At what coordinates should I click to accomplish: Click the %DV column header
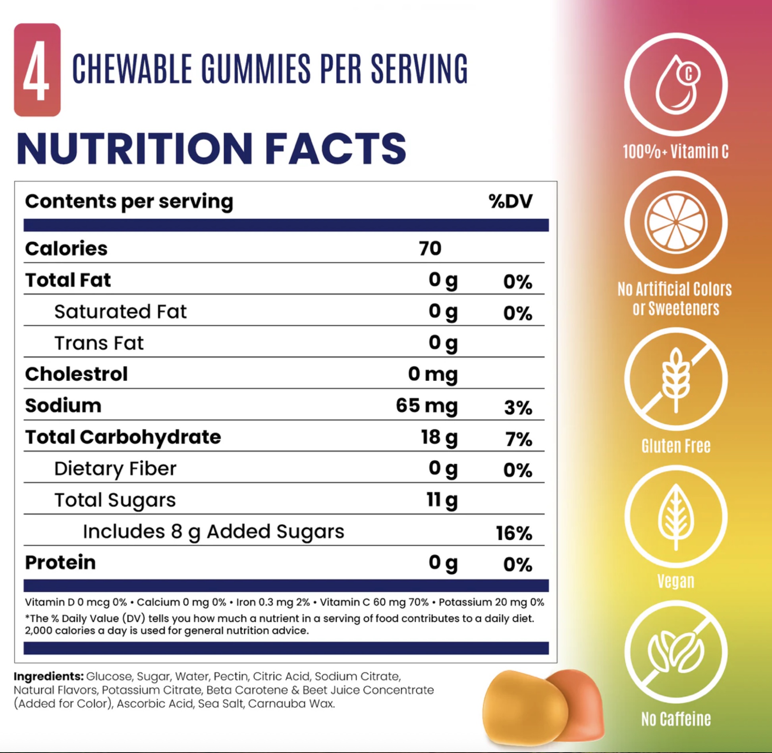pos(510,201)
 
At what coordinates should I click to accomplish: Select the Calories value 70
pos(430,249)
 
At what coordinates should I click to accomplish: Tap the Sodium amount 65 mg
pos(427,406)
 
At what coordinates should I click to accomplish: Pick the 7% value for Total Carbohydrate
pos(519,439)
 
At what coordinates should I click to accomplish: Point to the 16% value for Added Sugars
pos(514,533)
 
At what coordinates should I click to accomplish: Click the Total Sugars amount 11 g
pos(442,500)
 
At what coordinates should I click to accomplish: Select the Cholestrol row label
pos(76,374)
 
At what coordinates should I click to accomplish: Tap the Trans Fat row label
pos(99,343)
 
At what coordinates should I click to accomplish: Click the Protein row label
pos(60,562)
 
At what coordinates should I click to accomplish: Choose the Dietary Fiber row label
pos(115,469)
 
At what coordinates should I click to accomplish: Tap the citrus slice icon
pos(676,222)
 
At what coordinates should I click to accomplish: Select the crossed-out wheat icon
pos(676,379)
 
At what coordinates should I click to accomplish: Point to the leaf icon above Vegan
pos(676,516)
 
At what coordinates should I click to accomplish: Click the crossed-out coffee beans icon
pos(676,652)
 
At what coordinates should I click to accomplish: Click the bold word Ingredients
pos(49,676)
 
